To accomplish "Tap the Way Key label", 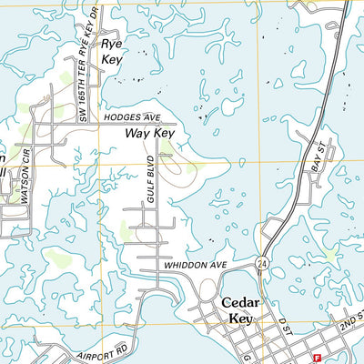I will pyautogui.click(x=149, y=134).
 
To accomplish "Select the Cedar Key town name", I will pyautogui.click(x=240, y=311).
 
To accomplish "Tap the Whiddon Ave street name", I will pyautogui.click(x=195, y=265).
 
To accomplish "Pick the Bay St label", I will pyautogui.click(x=318, y=157).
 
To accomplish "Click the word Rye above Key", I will pyautogui.click(x=111, y=44).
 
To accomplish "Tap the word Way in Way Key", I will pyautogui.click(x=137, y=134).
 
